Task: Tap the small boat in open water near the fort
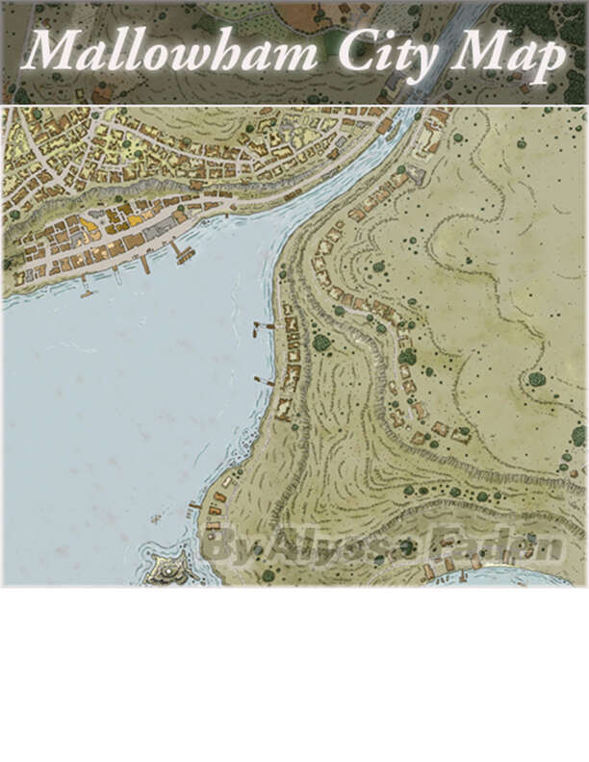coord(155,520)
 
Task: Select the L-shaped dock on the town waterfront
coord(182,253)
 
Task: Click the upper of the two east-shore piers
coord(264,327)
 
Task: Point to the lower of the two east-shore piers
coord(264,381)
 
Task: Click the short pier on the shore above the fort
coord(195,505)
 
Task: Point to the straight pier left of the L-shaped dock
coord(144,263)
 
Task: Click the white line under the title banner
coord(294,106)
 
